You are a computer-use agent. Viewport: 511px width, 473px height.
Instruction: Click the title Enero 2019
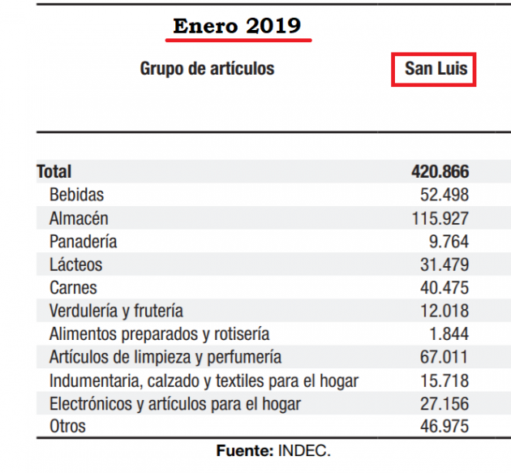237,26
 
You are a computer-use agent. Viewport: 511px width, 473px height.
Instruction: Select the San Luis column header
436,69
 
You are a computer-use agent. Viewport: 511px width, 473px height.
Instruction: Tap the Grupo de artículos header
208,69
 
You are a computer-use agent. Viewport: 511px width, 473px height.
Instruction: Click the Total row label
54,171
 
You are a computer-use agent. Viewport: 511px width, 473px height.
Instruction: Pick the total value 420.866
440,171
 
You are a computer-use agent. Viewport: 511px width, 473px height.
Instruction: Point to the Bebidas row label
76,195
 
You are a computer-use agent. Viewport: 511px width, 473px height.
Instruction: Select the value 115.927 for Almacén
440,218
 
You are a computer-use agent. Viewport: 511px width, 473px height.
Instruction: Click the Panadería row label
83,241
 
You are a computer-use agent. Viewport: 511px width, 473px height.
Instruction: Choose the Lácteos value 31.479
444,264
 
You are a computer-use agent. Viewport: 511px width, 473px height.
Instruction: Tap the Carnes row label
73,287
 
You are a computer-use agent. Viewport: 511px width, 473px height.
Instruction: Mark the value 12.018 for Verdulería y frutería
444,311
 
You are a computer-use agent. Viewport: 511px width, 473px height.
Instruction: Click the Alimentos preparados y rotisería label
159,334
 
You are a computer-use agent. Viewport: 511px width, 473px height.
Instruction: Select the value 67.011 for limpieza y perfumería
444,357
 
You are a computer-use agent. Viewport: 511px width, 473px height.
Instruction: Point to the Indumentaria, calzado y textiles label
204,381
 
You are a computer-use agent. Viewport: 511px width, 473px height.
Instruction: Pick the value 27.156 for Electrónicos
444,403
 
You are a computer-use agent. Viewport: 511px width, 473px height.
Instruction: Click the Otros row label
67,426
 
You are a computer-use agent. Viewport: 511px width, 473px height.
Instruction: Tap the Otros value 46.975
444,426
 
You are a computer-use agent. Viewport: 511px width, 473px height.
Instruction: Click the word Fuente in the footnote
245,451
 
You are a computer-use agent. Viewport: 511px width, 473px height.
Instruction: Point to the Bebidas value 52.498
444,195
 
